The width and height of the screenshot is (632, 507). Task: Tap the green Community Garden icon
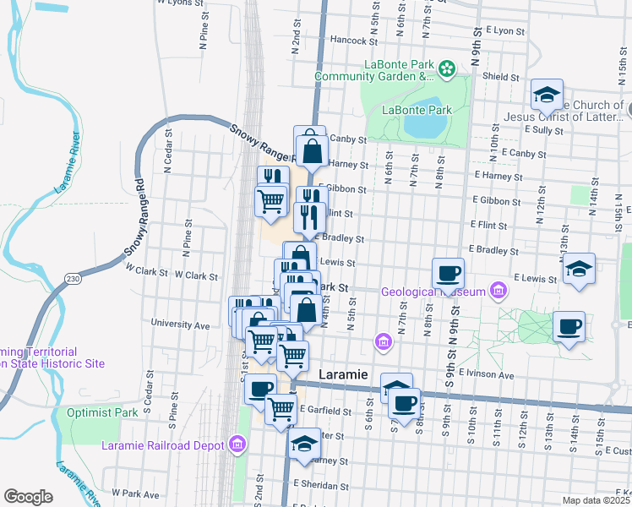coord(448,68)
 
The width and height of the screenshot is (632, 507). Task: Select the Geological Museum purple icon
coord(499,292)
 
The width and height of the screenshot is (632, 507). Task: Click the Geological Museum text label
coord(433,292)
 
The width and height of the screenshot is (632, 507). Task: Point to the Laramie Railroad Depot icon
coord(237,445)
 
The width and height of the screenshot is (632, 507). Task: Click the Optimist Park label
coord(102,413)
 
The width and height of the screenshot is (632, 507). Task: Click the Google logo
coord(28,497)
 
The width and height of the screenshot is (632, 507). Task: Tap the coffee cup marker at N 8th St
coord(448,273)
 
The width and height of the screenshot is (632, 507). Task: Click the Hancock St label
coord(352,40)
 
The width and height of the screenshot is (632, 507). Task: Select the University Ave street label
coord(179,324)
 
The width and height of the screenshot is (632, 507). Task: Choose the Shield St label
coord(501,77)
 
